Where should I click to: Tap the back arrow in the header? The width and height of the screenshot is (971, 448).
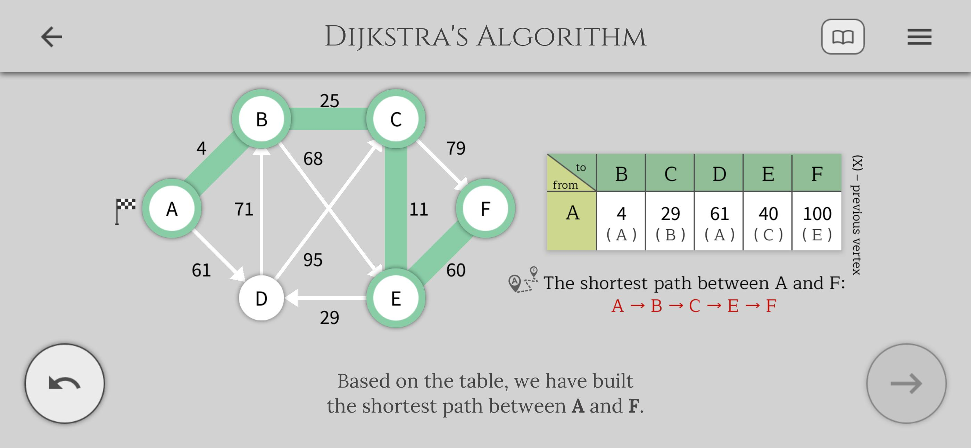point(51,36)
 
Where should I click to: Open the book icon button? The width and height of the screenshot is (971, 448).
point(843,36)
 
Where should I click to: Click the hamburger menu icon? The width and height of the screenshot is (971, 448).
point(919,36)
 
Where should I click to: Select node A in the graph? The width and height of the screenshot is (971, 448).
point(172,208)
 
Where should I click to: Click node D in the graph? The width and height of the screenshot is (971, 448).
point(261,298)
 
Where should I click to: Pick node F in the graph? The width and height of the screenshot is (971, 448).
point(485,208)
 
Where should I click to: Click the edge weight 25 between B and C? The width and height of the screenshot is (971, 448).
point(330,101)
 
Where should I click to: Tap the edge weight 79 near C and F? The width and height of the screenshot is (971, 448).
point(456,148)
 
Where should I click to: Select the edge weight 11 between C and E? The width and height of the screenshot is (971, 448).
point(419,209)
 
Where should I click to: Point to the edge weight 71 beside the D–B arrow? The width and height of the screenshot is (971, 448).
point(244,209)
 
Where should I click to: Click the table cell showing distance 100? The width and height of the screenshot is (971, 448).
point(817,221)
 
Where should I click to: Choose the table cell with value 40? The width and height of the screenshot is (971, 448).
point(768,221)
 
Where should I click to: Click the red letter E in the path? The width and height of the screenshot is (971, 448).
point(733,306)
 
